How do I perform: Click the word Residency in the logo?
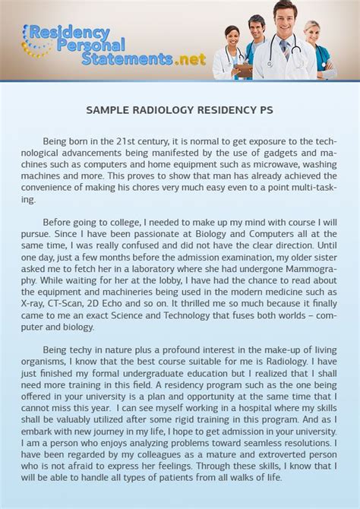72,33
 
